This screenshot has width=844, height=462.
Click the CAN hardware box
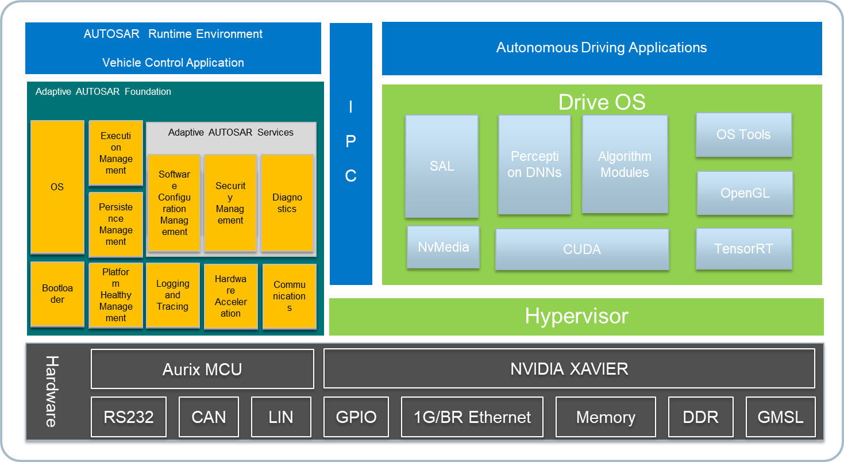point(209,417)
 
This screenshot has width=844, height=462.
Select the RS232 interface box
point(129,417)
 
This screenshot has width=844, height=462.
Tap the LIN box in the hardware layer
point(281,417)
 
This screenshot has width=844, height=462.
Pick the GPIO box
point(356,417)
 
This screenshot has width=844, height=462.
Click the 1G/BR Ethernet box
point(472,417)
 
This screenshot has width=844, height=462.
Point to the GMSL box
point(780,417)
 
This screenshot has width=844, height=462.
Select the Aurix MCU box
point(202,369)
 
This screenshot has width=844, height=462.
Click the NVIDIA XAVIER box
point(569,369)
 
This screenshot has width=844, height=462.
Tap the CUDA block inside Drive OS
point(582,249)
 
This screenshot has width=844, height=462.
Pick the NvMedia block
point(443,247)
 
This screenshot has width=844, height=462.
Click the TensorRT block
point(743,249)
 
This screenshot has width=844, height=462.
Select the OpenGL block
point(745,193)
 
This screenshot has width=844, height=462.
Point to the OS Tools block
point(743,135)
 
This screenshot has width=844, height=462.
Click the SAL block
point(441,167)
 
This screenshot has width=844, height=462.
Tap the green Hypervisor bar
point(576,317)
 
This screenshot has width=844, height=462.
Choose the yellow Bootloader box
point(57,294)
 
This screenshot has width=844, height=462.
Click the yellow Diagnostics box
point(287,203)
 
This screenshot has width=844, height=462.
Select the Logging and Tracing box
point(172,295)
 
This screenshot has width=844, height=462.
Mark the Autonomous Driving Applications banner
point(602,48)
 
